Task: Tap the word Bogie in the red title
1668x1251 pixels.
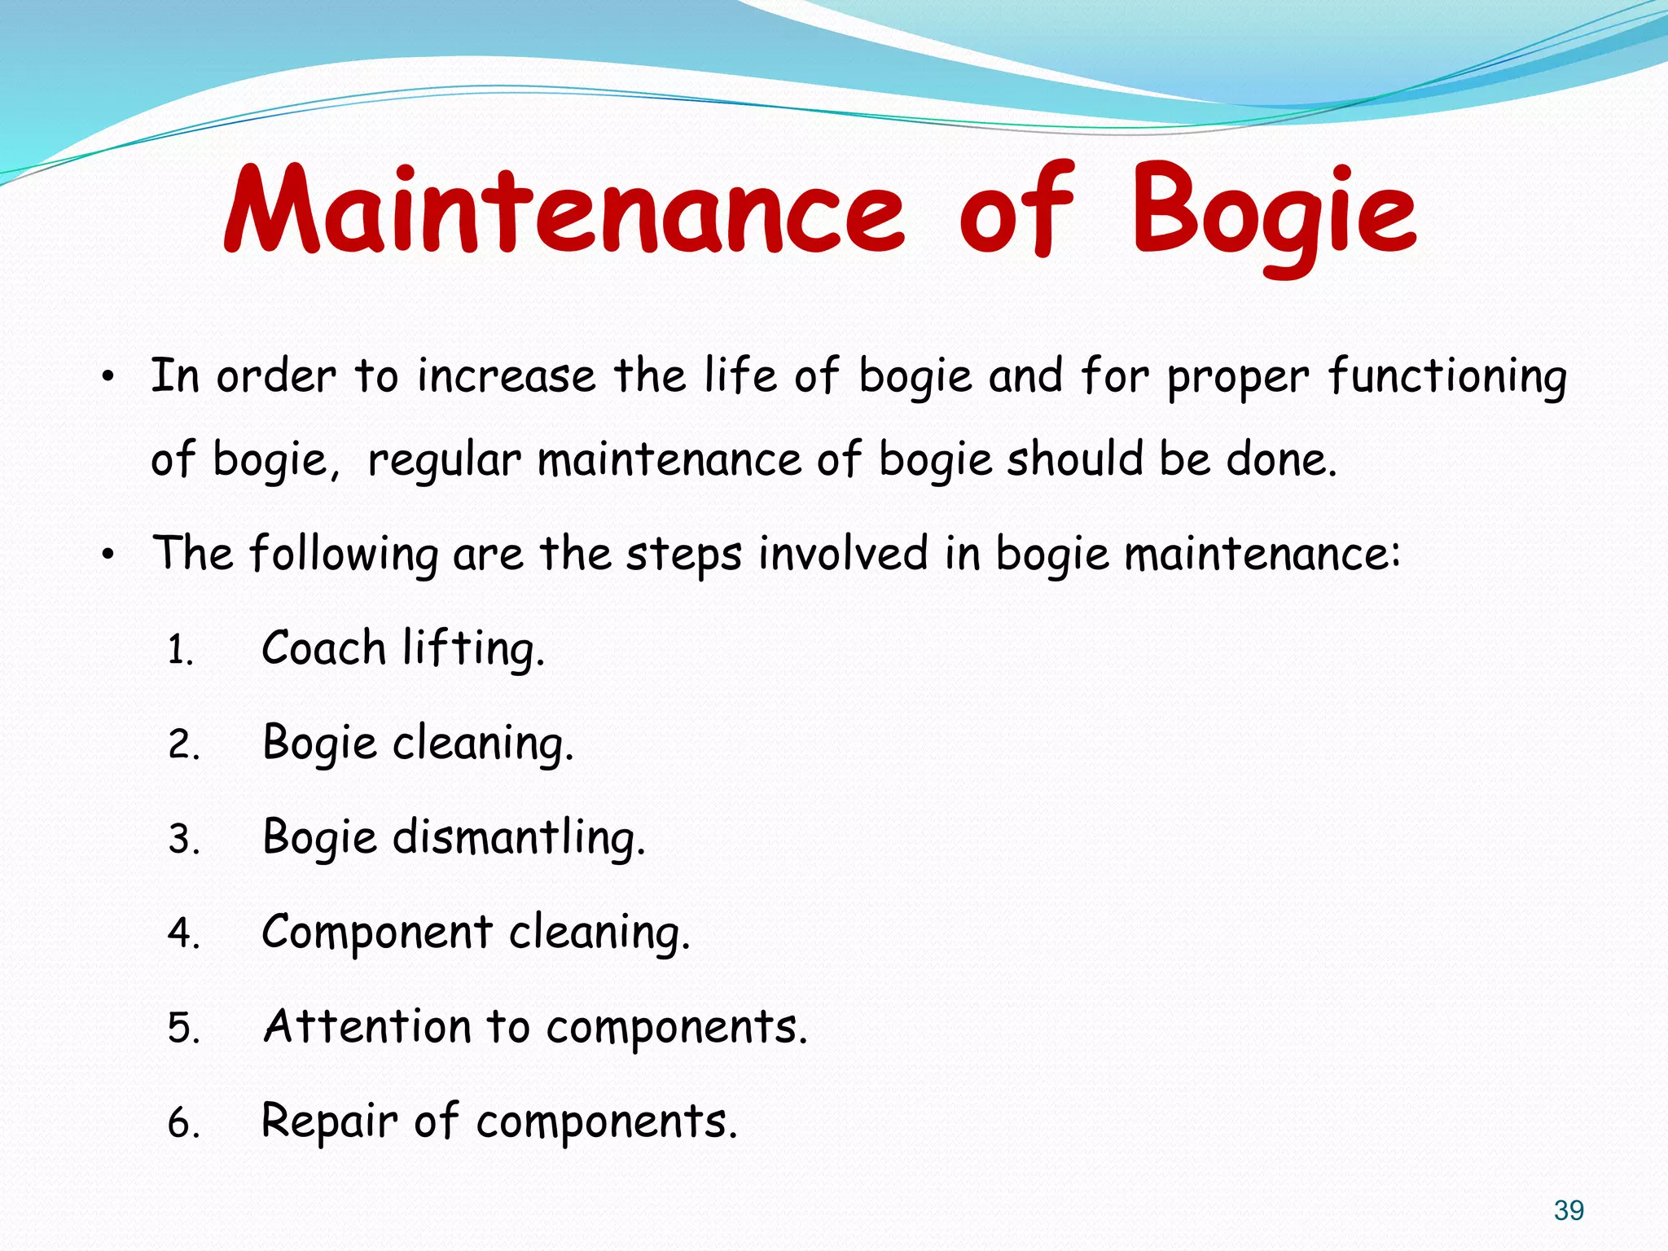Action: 1274,213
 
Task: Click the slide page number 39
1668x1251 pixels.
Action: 1569,1210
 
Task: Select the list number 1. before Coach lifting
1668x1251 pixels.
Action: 181,652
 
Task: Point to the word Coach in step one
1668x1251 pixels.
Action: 323,649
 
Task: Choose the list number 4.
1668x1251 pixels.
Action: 183,933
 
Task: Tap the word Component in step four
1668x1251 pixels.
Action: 377,933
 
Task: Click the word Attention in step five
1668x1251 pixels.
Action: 367,1026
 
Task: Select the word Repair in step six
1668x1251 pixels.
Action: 329,1122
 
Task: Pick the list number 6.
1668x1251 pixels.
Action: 183,1124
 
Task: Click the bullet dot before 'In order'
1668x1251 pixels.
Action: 108,378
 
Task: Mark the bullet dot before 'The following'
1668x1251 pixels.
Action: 108,555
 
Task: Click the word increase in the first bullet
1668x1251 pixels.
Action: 507,377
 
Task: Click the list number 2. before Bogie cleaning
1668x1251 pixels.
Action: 183,745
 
